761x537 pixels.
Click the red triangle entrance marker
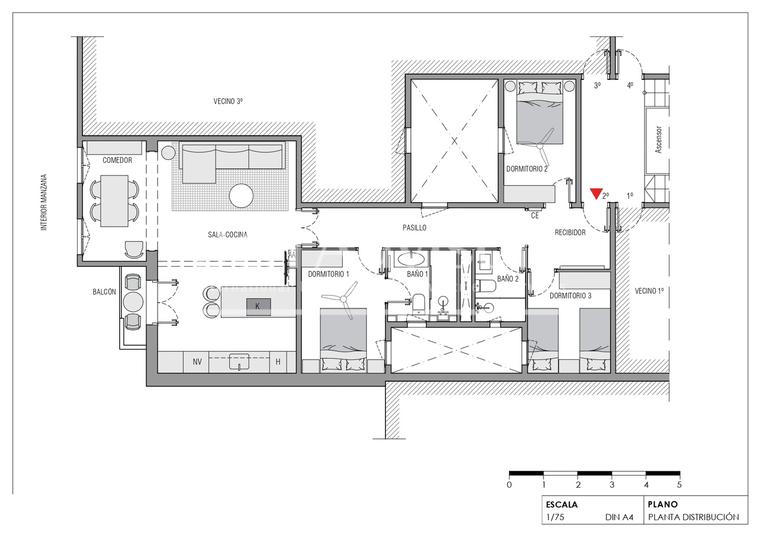(596, 193)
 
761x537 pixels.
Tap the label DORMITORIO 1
(329, 274)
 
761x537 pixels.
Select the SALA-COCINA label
(223, 234)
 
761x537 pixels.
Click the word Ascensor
(658, 139)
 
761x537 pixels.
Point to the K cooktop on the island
(258, 306)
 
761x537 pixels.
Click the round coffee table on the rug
(241, 195)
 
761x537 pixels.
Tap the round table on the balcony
(133, 302)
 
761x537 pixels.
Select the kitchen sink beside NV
(240, 362)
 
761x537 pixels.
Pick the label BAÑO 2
(508, 279)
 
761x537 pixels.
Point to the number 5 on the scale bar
(679, 484)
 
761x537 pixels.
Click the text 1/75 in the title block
(555, 517)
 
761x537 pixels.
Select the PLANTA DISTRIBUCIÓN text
(694, 517)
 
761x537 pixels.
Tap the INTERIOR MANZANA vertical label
(44, 202)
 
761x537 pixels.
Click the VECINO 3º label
(228, 101)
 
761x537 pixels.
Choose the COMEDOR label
(117, 160)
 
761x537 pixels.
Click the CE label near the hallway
(535, 216)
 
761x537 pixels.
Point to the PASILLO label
(414, 228)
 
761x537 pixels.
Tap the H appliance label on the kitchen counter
(278, 362)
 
